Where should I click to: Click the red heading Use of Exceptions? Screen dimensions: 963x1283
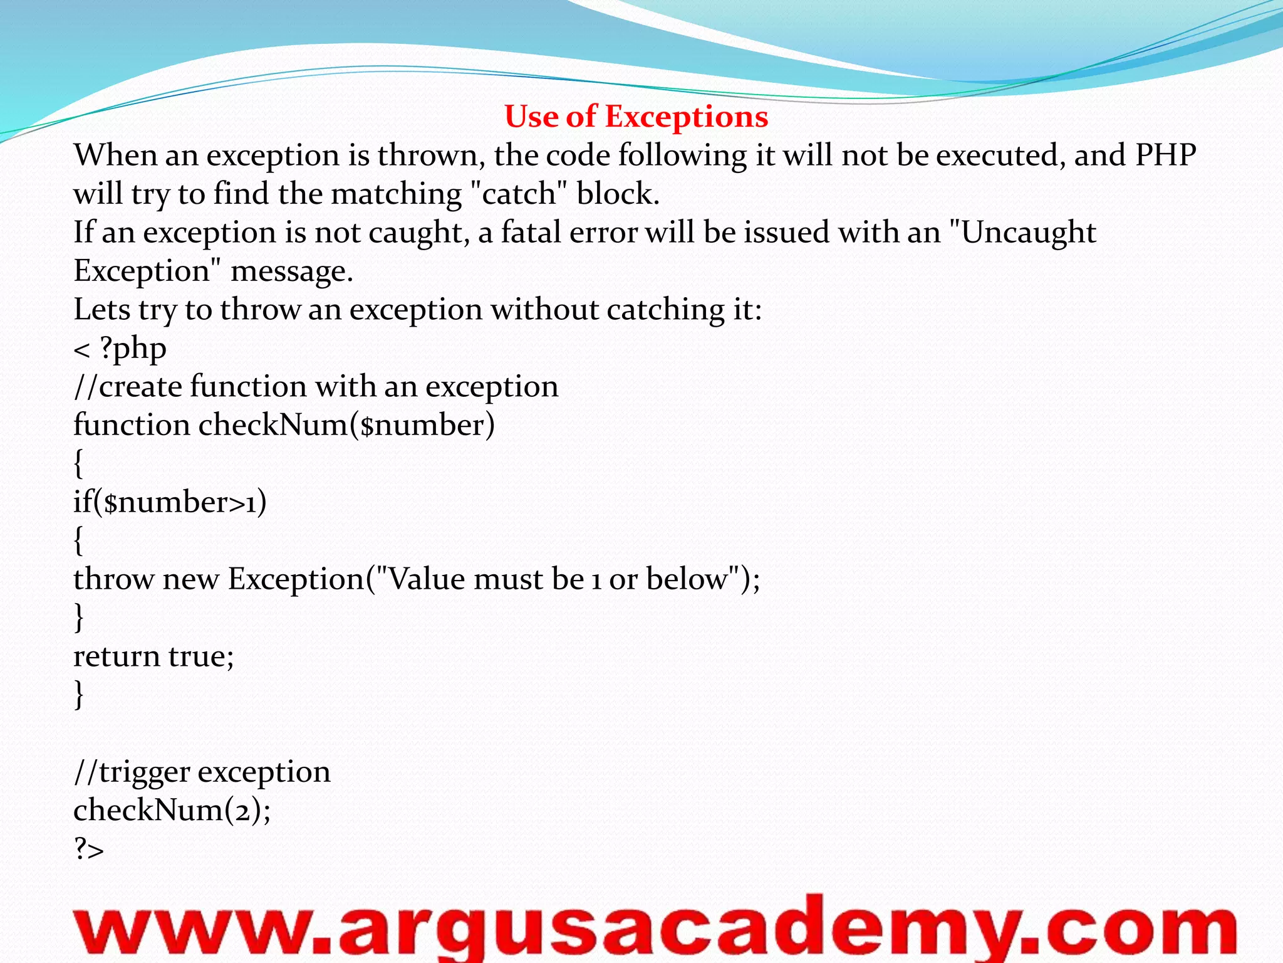click(x=636, y=117)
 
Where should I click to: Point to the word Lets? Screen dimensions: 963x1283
click(x=101, y=309)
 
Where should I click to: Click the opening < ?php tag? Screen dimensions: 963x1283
click(x=120, y=349)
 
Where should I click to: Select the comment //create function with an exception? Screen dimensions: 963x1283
click(x=316, y=386)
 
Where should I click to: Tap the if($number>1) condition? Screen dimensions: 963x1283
click(x=170, y=502)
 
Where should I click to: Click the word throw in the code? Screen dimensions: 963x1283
click(x=113, y=579)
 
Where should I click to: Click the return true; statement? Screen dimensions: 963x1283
click(x=153, y=656)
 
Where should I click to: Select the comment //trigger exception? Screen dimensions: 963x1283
click(x=202, y=772)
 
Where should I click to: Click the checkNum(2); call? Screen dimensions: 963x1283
click(x=172, y=810)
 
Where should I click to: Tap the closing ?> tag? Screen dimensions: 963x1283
click(x=88, y=849)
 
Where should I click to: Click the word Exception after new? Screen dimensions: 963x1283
click(x=296, y=579)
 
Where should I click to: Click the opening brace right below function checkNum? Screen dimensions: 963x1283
click(x=78, y=463)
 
